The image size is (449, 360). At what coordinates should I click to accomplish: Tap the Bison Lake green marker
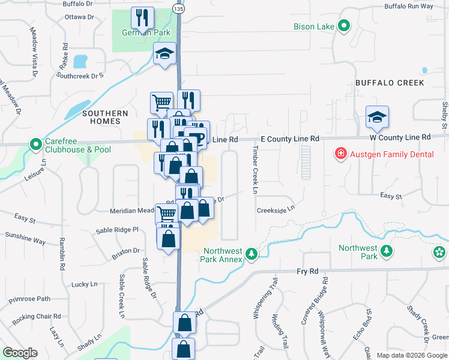344,26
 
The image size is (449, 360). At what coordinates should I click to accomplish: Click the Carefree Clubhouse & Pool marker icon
36,145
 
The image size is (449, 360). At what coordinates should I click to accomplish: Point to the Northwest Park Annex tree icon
253,255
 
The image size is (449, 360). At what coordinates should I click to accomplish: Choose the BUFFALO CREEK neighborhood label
390,83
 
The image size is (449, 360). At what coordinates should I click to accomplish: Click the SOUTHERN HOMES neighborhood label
105,117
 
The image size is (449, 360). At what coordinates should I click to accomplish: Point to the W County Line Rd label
400,137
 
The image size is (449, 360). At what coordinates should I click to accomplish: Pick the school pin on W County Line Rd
377,117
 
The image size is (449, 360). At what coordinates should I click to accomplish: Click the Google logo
20,353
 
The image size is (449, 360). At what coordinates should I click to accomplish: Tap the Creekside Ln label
276,209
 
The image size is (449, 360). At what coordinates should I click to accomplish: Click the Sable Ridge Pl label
118,230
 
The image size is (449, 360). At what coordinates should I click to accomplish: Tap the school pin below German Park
164,54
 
